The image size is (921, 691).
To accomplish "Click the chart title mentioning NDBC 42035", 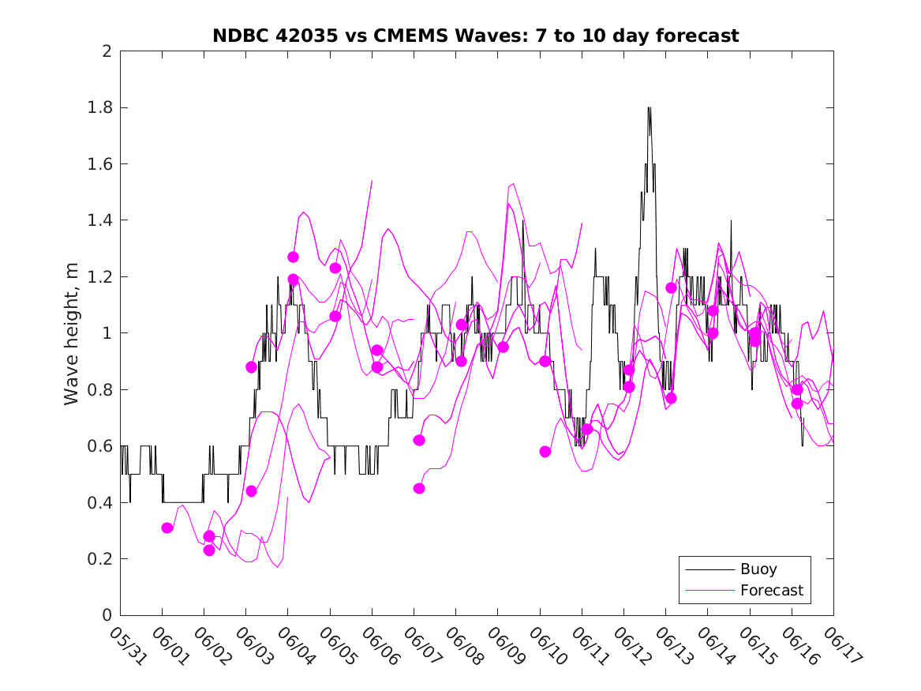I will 476,36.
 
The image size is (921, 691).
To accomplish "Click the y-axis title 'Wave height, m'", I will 72,333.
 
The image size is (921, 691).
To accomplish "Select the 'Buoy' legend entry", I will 758,569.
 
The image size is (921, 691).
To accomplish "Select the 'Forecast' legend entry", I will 771,590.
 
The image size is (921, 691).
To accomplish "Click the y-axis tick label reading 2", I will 106,51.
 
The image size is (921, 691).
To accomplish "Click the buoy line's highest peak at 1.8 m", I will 649,107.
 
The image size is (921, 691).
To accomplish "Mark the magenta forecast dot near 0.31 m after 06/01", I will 167,528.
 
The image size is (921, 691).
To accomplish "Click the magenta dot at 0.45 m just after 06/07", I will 419,488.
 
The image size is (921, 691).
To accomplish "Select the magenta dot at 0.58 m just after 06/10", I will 545,452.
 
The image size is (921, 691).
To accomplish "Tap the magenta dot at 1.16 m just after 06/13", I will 671,287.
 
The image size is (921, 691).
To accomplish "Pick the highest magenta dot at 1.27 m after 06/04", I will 293,257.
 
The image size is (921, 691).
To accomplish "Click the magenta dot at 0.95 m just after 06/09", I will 503,347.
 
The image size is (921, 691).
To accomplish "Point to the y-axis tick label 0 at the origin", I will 106,616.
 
